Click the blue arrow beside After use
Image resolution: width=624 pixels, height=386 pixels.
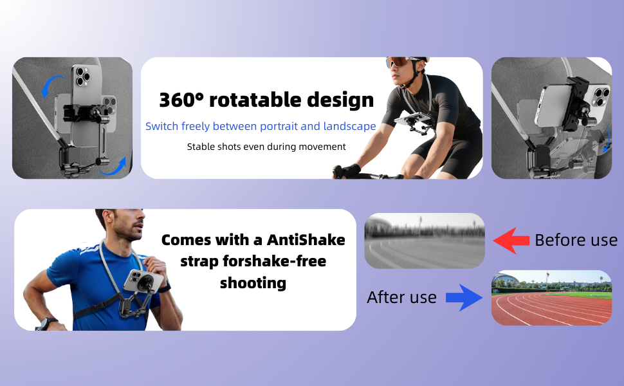coord(464,297)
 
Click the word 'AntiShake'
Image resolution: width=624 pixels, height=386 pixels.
coord(306,240)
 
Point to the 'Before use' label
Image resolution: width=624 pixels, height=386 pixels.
coord(576,241)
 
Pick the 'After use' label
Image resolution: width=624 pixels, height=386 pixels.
coord(401,297)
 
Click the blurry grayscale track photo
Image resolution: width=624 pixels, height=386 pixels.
coord(424,241)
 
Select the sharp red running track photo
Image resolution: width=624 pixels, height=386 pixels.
coord(551,297)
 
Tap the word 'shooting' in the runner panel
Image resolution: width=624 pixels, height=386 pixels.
coord(253,283)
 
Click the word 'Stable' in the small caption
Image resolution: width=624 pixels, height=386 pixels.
coord(201,147)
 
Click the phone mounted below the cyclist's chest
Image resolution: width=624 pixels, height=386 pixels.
coord(412,119)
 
